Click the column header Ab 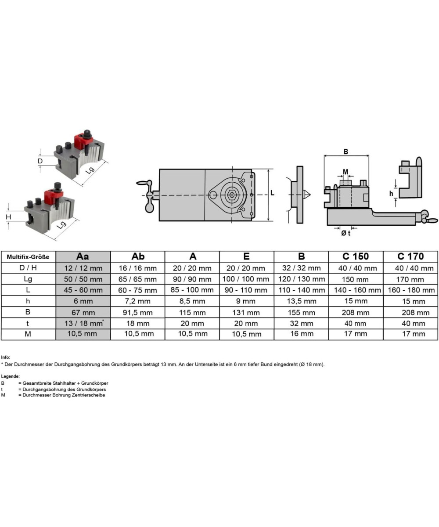pyautogui.click(x=138, y=256)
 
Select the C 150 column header pyautogui.click(x=356, y=256)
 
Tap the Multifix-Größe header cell pyautogui.click(x=28, y=257)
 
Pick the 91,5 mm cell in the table pyautogui.click(x=138, y=313)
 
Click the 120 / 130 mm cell pyautogui.click(x=302, y=279)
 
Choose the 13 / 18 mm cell pyautogui.click(x=84, y=323)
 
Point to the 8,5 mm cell pyautogui.click(x=192, y=301)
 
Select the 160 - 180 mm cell pyautogui.click(x=411, y=290)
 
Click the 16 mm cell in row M pyautogui.click(x=302, y=334)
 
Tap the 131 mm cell pyautogui.click(x=246, y=313)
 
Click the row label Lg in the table pyautogui.click(x=28, y=279)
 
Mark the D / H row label pyautogui.click(x=28, y=267)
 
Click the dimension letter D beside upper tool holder pyautogui.click(x=40, y=161)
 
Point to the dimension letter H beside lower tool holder pyautogui.click(x=8, y=217)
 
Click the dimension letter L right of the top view pyautogui.click(x=272, y=193)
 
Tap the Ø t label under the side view pyautogui.click(x=345, y=233)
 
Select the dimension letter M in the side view pyautogui.click(x=345, y=172)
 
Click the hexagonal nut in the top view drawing pyautogui.click(x=232, y=195)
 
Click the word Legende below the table pyautogui.click(x=11, y=376)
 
